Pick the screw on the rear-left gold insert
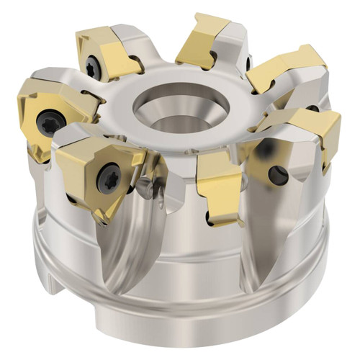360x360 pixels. pos(92,67)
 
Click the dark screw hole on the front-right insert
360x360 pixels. pos(276,174)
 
